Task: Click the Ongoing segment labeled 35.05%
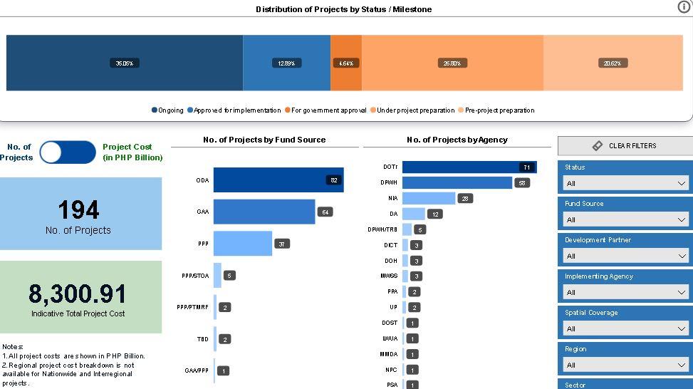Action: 125,63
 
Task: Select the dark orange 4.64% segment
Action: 346,63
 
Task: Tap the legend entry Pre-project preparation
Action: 499,110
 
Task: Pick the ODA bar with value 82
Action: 278,180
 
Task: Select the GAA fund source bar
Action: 264,212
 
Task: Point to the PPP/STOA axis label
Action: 195,275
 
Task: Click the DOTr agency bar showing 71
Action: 469,167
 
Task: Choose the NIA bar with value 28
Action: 428,198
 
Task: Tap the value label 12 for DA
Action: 434,214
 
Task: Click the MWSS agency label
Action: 389,276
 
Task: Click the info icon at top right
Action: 684,6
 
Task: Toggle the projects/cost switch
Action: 68,152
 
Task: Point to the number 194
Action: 78,209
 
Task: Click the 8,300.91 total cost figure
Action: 78,294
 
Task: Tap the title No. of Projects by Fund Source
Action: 264,140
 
